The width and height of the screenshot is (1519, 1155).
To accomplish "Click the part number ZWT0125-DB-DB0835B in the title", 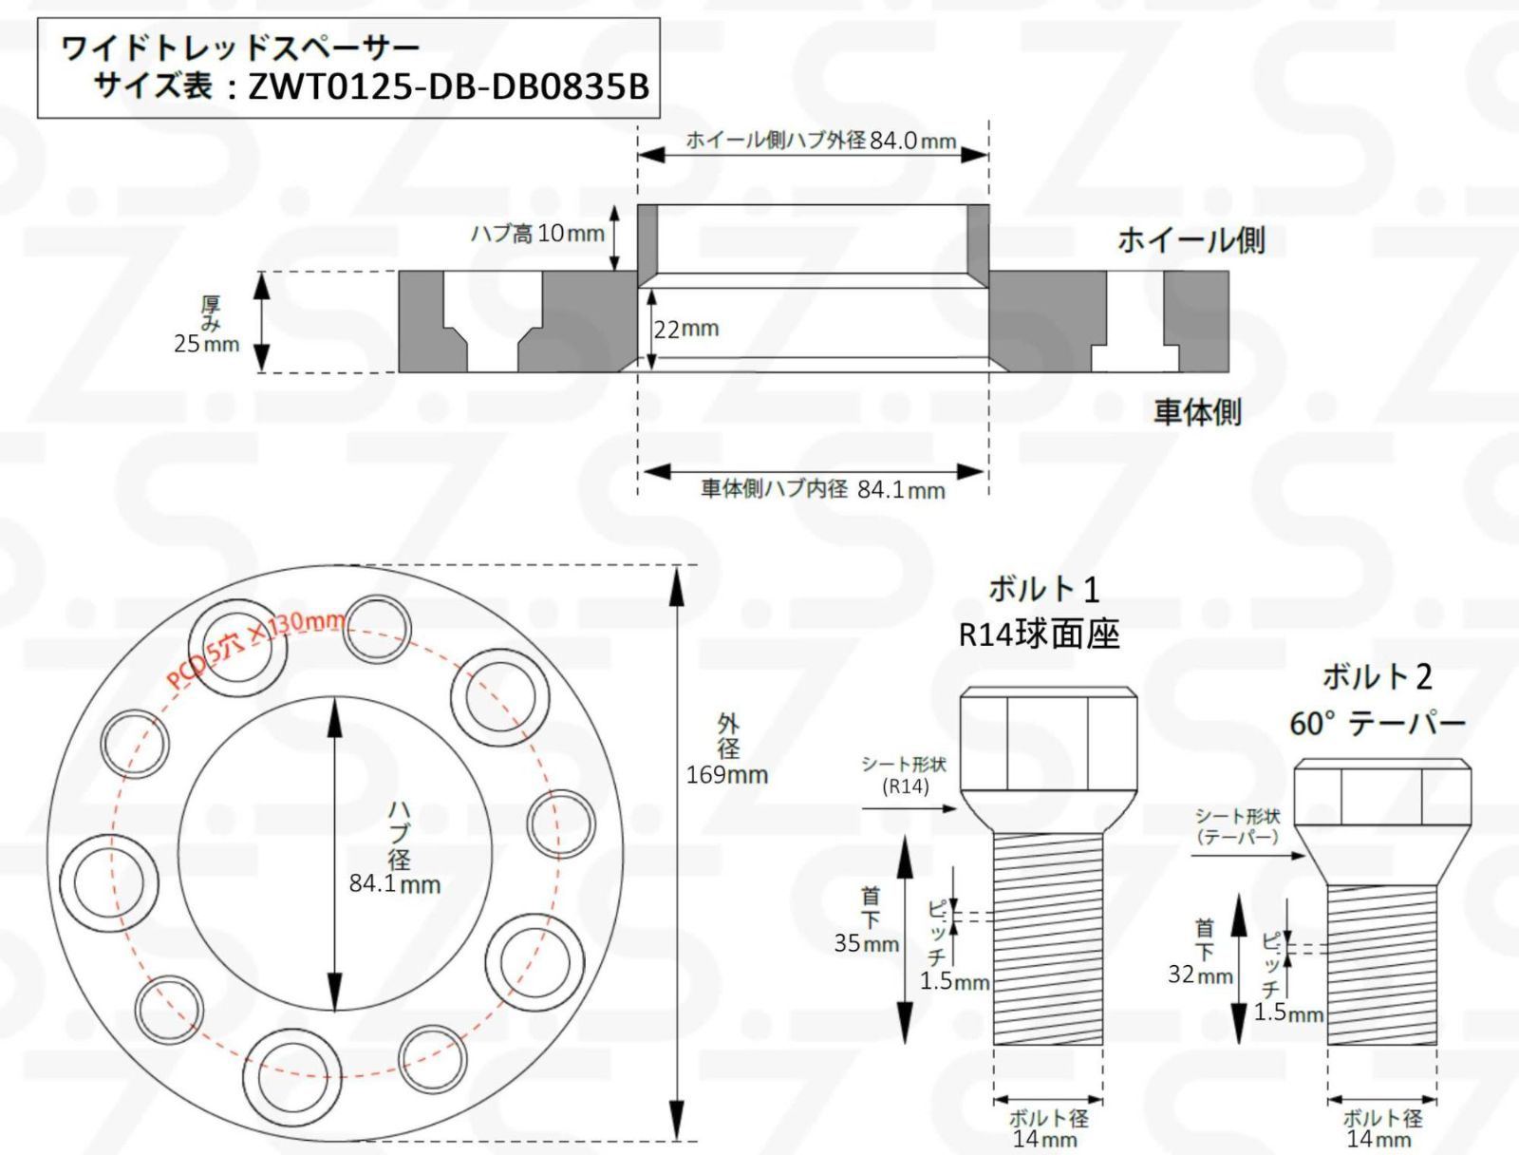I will [448, 87].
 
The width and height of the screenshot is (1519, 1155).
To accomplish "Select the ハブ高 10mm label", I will [537, 234].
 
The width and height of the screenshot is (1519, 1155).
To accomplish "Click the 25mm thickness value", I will [206, 344].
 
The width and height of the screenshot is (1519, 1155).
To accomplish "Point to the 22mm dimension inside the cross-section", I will [686, 330].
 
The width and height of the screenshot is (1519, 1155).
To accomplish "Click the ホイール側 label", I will [1191, 240].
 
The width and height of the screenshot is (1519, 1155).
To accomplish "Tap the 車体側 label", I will [1196, 412].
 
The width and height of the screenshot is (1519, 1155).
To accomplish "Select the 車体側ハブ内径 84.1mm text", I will [822, 490].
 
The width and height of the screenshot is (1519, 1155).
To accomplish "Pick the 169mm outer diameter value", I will [727, 775].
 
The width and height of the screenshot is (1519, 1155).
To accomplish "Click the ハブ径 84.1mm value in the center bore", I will [394, 884].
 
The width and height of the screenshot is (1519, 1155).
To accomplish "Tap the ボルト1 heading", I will [1042, 590].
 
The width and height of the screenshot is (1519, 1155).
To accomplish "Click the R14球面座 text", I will [1039, 634].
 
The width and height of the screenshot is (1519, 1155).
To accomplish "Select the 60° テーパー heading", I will [1377, 724].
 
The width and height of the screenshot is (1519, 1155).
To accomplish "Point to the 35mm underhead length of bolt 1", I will [866, 944].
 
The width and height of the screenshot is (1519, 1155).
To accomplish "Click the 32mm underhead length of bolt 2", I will [1200, 975].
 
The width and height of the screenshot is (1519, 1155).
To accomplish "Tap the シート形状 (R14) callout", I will [904, 775].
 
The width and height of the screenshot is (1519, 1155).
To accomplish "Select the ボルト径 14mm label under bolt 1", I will [1047, 1128].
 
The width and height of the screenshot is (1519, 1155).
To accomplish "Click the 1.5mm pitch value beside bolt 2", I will [1288, 1013].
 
